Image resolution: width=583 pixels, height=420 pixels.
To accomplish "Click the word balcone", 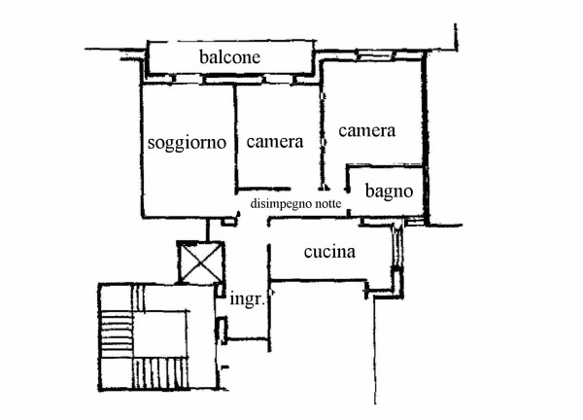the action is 229,57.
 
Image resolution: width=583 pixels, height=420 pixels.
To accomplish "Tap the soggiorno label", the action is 187,143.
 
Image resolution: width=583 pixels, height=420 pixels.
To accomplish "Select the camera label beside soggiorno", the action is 275,142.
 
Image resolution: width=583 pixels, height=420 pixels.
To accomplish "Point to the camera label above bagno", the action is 366,131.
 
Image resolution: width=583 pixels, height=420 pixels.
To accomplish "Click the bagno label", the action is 389,192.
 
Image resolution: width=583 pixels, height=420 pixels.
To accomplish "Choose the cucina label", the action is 329,252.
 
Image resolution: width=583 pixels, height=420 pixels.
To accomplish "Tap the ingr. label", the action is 248,298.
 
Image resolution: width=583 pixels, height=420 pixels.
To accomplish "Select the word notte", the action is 328,204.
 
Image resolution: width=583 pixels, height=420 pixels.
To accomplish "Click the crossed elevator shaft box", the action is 200,262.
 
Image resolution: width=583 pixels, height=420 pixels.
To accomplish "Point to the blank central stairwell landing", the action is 160,334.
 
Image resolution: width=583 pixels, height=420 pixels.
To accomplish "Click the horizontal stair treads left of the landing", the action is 116,334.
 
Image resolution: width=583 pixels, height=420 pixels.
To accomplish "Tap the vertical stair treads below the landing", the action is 160,373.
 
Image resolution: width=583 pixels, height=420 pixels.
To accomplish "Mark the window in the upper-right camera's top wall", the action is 375,55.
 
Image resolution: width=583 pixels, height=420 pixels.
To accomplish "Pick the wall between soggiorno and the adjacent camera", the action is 235,138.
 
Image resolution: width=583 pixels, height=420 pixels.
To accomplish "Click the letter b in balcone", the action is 203,57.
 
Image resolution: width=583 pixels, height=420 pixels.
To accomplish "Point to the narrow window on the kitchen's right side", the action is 397,246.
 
